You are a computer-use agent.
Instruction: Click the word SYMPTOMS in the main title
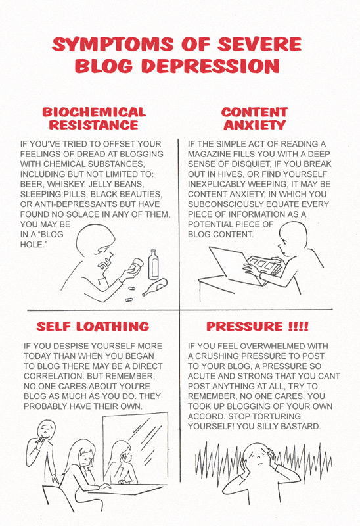point(113,45)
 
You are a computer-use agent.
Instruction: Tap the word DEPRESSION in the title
point(210,66)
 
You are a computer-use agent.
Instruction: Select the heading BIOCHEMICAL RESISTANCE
point(94,118)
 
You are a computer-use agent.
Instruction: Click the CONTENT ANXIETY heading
point(255,118)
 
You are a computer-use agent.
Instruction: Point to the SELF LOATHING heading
point(93,326)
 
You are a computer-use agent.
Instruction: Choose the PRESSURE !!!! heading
point(258,326)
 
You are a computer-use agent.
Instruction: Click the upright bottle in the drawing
point(153,265)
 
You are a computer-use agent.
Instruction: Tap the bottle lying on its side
point(155,287)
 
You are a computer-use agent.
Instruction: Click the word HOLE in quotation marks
point(32,245)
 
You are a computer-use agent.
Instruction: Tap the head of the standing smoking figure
point(46,429)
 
